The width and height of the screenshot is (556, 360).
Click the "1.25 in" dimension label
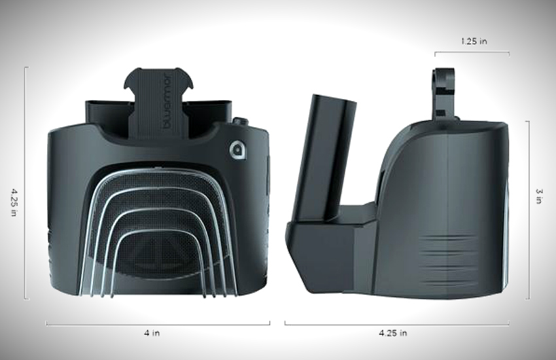coord(474,41)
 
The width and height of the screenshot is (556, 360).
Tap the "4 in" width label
coord(152,333)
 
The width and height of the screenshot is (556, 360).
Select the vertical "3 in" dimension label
coord(539,196)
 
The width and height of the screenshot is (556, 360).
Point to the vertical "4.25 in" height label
coord(14,202)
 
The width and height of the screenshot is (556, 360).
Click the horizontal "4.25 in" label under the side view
coord(393,333)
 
